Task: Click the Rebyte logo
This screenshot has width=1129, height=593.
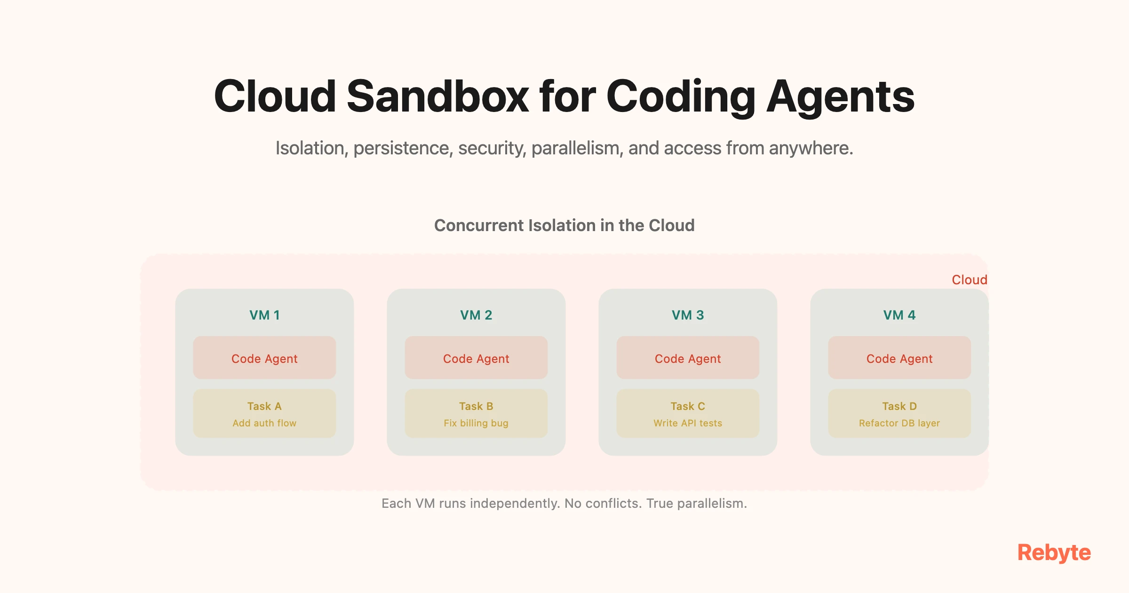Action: coord(1054,553)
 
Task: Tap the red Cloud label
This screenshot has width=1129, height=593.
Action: coord(969,280)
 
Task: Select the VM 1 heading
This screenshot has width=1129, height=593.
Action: coord(264,315)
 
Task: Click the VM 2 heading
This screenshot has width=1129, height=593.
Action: coord(476,315)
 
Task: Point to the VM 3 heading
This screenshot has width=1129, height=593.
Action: coord(688,315)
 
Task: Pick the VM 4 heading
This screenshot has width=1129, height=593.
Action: coord(899,315)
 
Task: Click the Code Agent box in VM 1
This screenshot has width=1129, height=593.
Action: coord(264,358)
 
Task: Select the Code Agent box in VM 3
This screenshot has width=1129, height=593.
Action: coord(688,358)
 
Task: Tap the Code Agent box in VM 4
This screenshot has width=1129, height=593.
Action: coord(899,358)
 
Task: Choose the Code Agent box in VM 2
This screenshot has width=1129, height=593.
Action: coord(476,358)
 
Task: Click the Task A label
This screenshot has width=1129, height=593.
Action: coord(264,406)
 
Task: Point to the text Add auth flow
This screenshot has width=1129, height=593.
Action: coord(264,423)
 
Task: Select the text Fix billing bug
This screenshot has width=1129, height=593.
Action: coord(476,423)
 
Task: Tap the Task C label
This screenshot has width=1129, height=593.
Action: coord(688,406)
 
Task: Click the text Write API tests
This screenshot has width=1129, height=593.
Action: coord(688,423)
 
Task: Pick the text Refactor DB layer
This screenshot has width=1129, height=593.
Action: coord(899,423)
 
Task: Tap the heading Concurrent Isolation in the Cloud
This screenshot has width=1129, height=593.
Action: coord(564,225)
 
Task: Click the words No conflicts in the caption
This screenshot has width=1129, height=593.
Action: coord(603,504)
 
